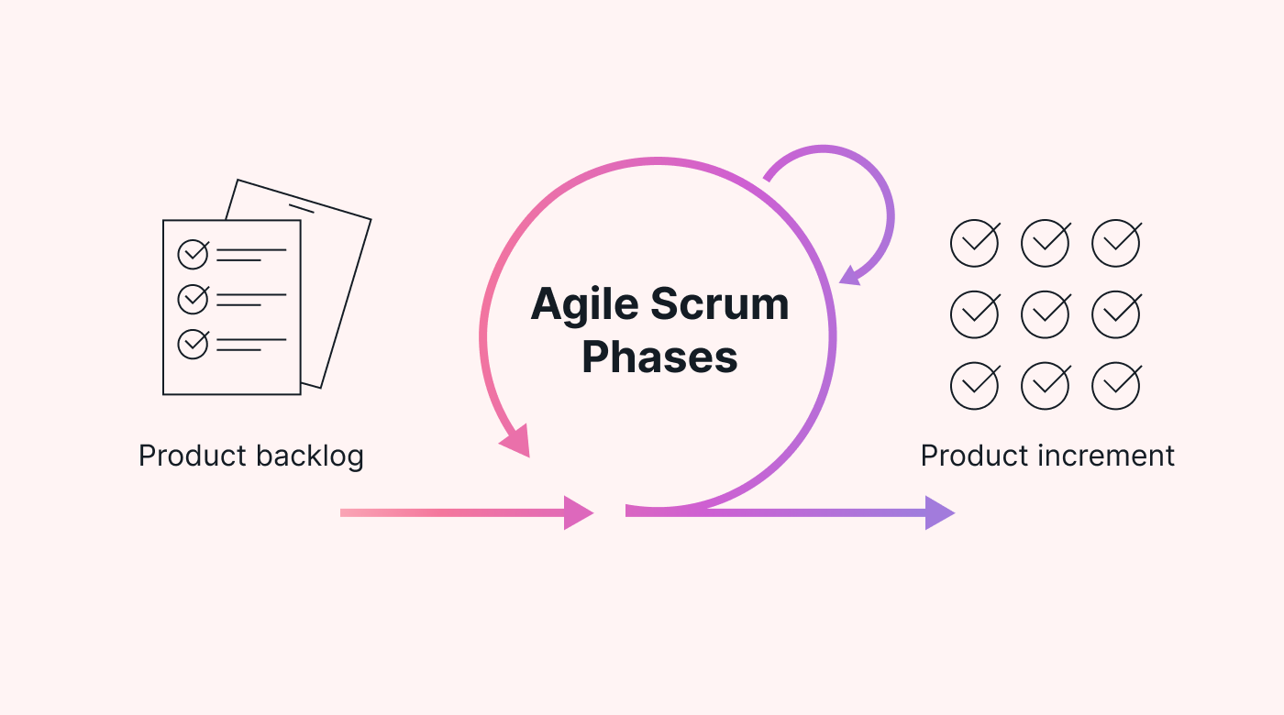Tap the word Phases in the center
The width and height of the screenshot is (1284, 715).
[659, 357]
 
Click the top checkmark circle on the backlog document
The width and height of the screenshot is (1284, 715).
[193, 254]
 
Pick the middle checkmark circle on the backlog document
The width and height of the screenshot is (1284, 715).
[193, 299]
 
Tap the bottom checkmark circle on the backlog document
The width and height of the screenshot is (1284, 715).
[193, 344]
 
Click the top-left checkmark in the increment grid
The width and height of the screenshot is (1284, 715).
[974, 244]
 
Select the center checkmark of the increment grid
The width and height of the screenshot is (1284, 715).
[1045, 314]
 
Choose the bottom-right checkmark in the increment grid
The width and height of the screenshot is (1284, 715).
[1115, 386]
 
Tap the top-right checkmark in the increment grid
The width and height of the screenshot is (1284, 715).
[1115, 244]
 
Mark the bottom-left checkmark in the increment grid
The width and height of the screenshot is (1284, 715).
[974, 386]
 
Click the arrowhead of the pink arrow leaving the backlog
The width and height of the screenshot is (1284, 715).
[577, 512]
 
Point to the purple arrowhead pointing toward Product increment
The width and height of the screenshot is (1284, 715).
[938, 512]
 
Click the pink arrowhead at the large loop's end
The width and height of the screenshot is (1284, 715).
[516, 442]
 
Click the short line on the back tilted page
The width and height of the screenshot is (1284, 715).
[301, 209]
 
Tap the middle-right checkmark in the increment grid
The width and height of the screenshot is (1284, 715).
[1115, 314]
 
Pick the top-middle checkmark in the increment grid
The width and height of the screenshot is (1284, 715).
[1045, 244]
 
